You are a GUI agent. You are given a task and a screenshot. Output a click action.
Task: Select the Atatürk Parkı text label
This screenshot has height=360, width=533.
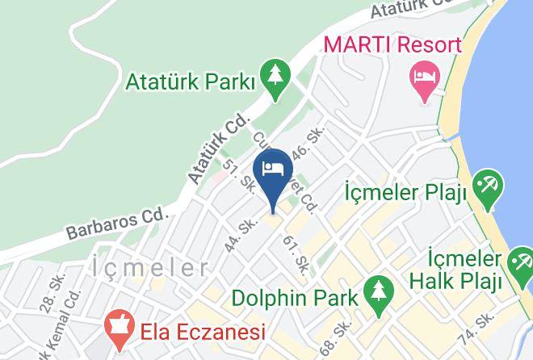191,82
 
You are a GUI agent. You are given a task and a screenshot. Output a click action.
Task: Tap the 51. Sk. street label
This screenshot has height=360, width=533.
239,178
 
